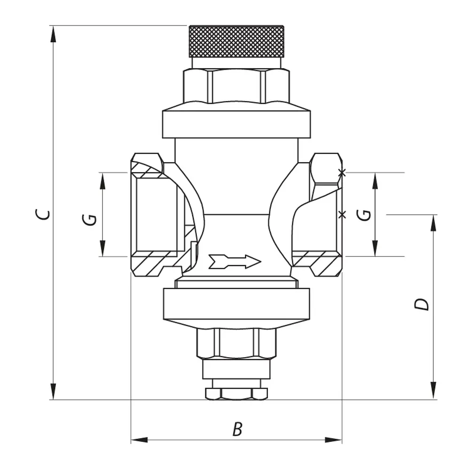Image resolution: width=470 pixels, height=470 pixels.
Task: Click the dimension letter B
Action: coord(237,429)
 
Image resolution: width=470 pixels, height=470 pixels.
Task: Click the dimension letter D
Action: coord(422,304)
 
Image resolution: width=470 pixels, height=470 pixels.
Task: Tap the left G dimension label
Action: coord(89,219)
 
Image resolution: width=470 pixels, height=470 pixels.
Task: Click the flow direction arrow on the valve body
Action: coord(235,261)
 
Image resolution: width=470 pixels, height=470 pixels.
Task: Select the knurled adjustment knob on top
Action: coord(236,41)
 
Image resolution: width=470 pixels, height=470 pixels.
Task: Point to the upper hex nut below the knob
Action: coord(236,86)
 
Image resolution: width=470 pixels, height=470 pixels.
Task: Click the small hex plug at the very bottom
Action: coord(236,393)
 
